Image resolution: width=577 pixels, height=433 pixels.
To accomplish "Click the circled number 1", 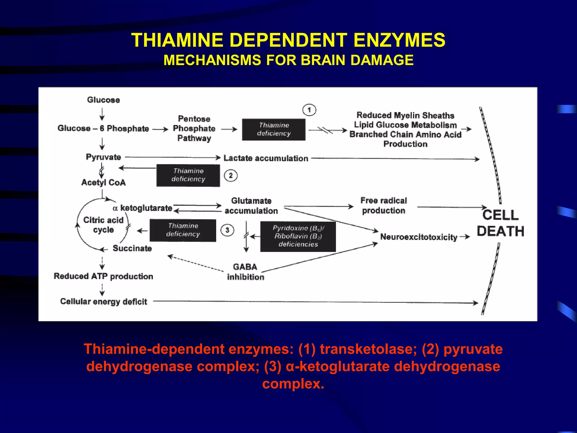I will tap(309, 110).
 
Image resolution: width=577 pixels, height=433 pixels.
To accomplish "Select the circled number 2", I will tap(230, 176).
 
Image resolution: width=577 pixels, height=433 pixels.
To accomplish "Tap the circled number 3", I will tap(227, 230).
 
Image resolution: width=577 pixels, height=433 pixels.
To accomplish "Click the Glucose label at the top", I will tap(103, 100).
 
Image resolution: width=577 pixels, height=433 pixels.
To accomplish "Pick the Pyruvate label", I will tap(103, 157).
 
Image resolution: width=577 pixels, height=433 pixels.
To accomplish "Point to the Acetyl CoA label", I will tap(103, 182).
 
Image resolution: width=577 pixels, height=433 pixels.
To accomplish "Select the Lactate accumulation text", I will tap(266, 158).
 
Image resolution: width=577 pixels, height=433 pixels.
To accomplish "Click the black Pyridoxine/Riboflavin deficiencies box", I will tap(298, 236).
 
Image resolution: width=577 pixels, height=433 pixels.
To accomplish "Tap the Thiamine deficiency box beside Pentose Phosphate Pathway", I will tap(274, 129).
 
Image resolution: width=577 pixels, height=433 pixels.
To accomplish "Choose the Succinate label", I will tap(132, 248).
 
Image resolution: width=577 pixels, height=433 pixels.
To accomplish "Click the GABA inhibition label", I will tap(245, 272).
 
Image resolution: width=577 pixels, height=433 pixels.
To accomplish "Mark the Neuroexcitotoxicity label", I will tap(418, 237).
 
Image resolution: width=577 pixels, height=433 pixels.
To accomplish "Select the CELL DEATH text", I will tap(500, 223).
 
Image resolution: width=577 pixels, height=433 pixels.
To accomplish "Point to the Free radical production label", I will tap(383, 206).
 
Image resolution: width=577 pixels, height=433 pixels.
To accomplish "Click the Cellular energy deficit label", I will tap(103, 301).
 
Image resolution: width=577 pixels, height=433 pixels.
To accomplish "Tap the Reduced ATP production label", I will tap(103, 276).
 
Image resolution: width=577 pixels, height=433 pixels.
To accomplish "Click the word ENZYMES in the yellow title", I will tap(399, 40).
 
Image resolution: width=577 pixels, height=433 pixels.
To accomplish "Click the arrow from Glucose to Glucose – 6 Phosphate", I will tap(102, 114).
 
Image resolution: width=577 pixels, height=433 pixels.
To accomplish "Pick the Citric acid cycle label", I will tap(103, 225).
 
